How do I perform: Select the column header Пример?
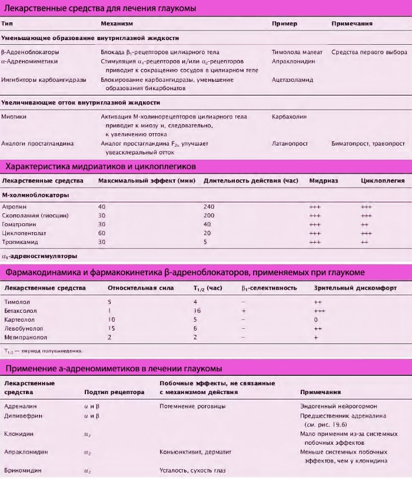284,24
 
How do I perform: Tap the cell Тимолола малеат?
297,52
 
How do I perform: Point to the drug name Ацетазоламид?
293,80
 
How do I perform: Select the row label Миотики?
14,117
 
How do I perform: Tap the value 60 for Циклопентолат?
102,233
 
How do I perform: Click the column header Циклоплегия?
382,180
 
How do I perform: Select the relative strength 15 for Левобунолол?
110,328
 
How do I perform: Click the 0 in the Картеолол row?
316,319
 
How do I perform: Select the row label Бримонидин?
22,470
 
